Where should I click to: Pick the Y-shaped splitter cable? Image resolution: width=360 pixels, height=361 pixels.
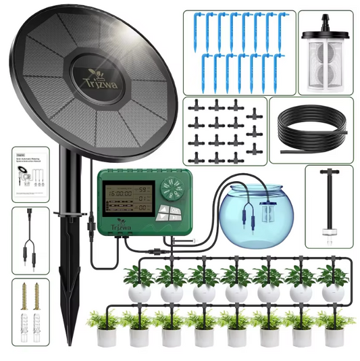pos(30,238)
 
